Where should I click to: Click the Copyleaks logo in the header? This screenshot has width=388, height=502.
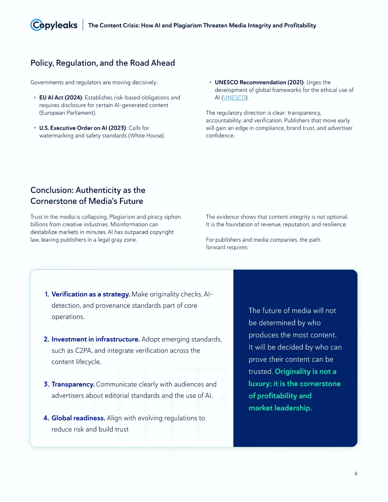54,25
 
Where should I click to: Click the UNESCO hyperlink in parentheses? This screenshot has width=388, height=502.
234,98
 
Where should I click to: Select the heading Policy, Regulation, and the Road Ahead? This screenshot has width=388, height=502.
103,63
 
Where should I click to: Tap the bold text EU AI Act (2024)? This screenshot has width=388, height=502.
60,98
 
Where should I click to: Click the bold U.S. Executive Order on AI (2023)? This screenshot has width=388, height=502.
83,128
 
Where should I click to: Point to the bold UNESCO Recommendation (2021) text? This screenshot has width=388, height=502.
259,82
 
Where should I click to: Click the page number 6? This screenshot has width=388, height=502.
356,474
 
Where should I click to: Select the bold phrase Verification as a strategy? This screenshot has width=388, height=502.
90,294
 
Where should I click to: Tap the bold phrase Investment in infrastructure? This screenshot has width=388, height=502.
95,339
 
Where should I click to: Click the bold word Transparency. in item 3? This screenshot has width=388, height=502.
73,384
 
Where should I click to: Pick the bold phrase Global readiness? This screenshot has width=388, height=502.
78,418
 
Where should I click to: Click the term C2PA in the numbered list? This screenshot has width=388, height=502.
84,351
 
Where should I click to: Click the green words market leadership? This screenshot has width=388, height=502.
280,408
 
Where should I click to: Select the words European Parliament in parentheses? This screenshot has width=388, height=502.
67,113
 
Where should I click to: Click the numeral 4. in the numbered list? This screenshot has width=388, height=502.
46,418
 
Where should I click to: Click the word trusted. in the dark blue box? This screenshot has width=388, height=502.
260,371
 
